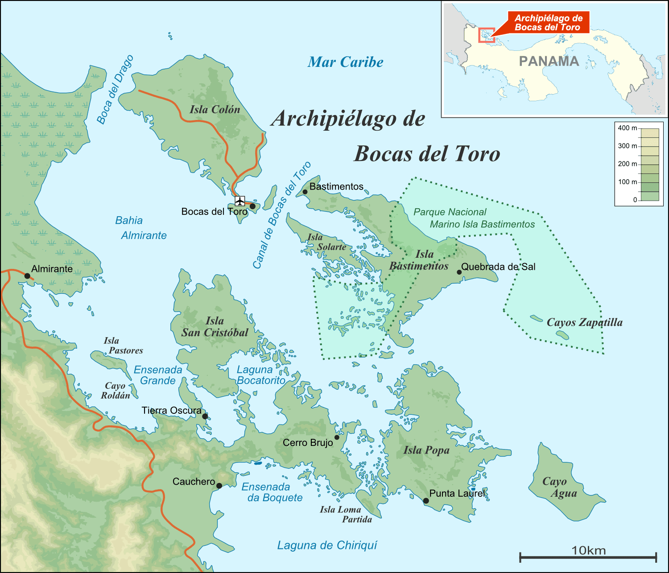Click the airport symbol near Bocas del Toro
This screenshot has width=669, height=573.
click(240, 201)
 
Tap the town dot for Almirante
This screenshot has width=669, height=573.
click(27, 276)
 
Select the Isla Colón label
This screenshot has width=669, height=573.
click(215, 110)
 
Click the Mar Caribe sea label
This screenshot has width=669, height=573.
click(345, 62)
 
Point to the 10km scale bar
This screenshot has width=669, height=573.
click(588, 556)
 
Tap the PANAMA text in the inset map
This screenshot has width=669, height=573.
click(549, 61)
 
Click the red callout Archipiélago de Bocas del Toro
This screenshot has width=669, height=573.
click(548, 23)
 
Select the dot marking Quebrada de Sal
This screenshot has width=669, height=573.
click(459, 272)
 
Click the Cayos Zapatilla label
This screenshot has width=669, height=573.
click(584, 322)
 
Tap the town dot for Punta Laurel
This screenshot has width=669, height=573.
click(426, 501)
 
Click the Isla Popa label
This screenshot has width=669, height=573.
click(426, 450)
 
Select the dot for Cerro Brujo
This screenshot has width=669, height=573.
click(337, 437)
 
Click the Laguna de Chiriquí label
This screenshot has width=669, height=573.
click(327, 545)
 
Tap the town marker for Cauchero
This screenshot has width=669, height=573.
click(219, 486)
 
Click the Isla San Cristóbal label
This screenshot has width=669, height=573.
click(215, 327)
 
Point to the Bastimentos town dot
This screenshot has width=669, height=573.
click(305, 192)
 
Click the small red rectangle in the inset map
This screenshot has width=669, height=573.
click(486, 35)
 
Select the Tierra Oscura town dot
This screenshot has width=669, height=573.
click(205, 416)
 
